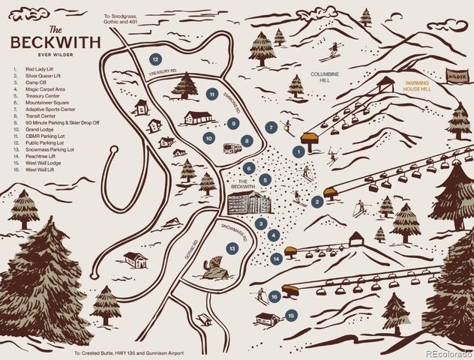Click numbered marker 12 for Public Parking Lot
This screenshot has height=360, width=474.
(x=154, y=58)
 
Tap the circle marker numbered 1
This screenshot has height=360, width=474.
(x=298, y=151)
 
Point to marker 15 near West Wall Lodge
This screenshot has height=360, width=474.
(x=291, y=316)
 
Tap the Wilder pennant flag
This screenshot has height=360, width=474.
(x=455, y=76)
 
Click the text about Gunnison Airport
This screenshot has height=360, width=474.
(x=129, y=353)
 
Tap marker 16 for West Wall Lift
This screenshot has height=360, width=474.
(x=275, y=297)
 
